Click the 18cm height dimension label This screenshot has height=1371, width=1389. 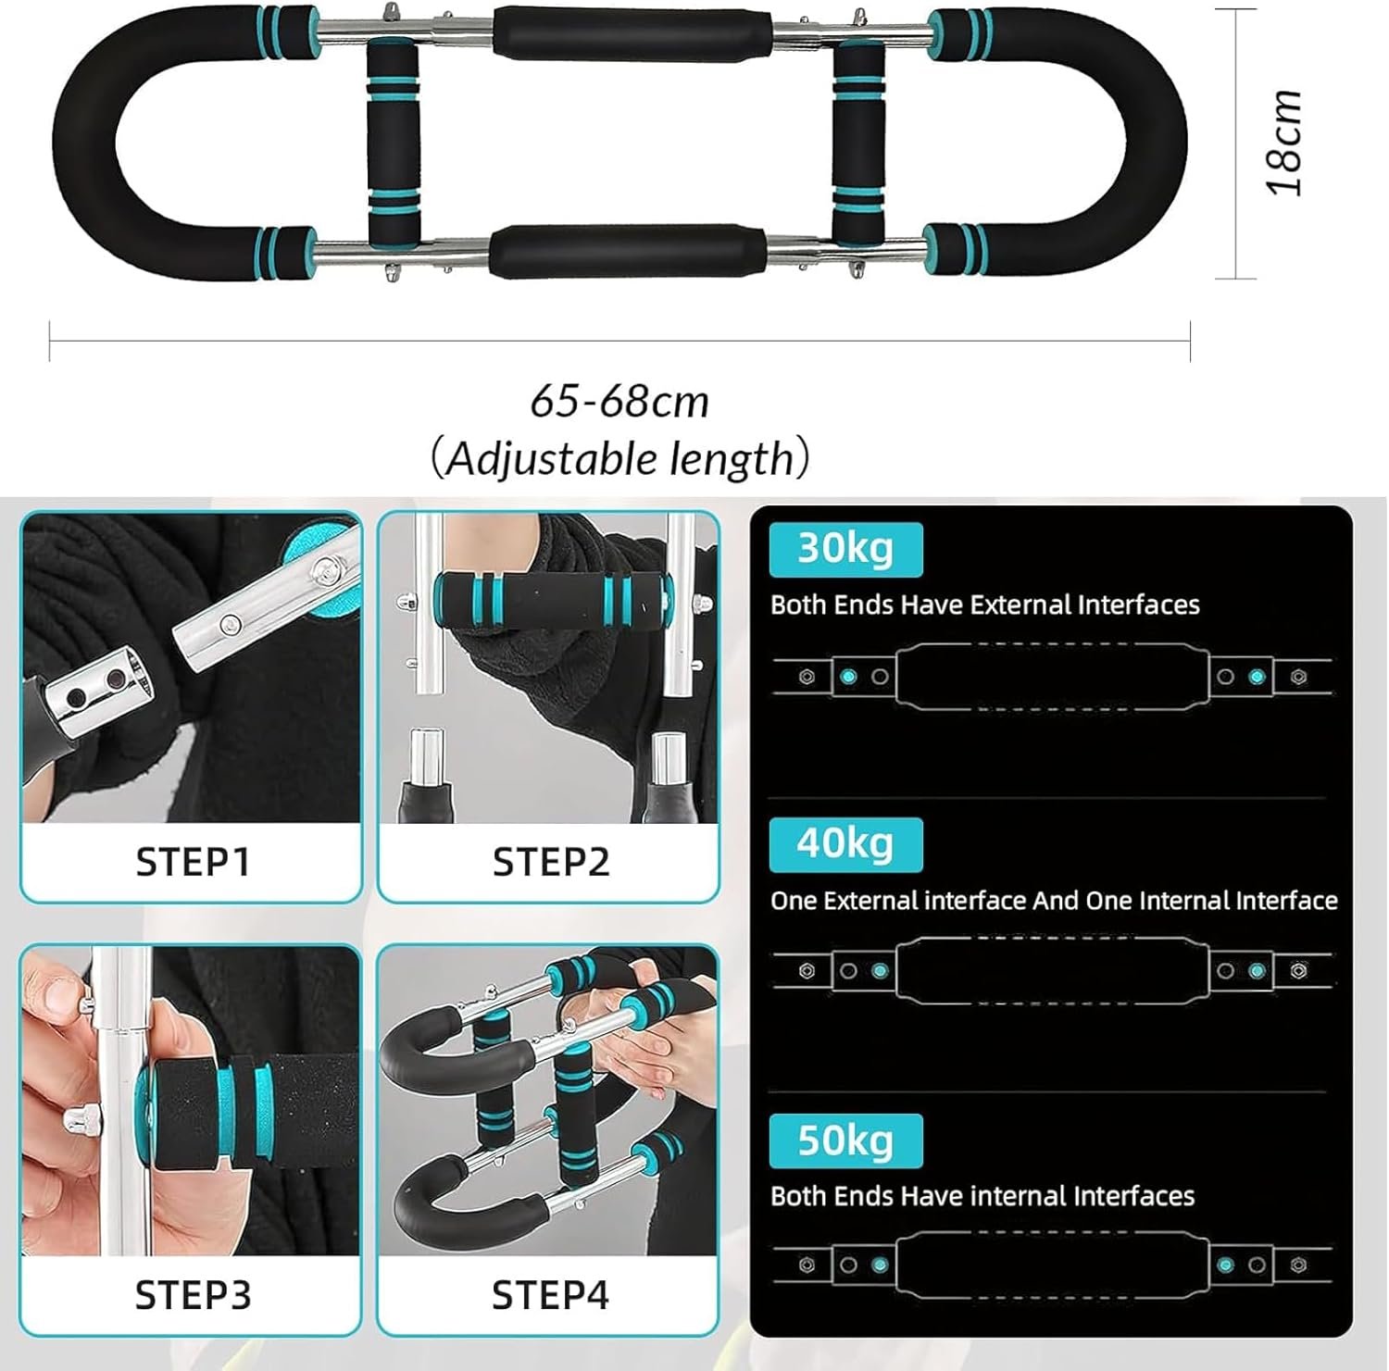point(1285,143)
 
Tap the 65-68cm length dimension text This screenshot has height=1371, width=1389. point(619,402)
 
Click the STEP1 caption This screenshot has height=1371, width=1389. point(193,862)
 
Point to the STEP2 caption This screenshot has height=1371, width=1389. point(551,862)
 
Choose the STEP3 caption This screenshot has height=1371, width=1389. point(193,1295)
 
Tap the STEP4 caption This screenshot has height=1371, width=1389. point(550,1295)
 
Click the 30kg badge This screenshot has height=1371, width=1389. point(845,549)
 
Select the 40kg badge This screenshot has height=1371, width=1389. point(845,844)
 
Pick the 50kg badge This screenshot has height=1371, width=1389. point(845,1140)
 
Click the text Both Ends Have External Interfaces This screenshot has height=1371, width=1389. point(985,605)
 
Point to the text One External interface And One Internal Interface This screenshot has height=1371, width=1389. point(1054,901)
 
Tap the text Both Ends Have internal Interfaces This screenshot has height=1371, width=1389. point(982,1196)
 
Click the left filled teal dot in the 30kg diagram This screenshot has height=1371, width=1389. point(848,677)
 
